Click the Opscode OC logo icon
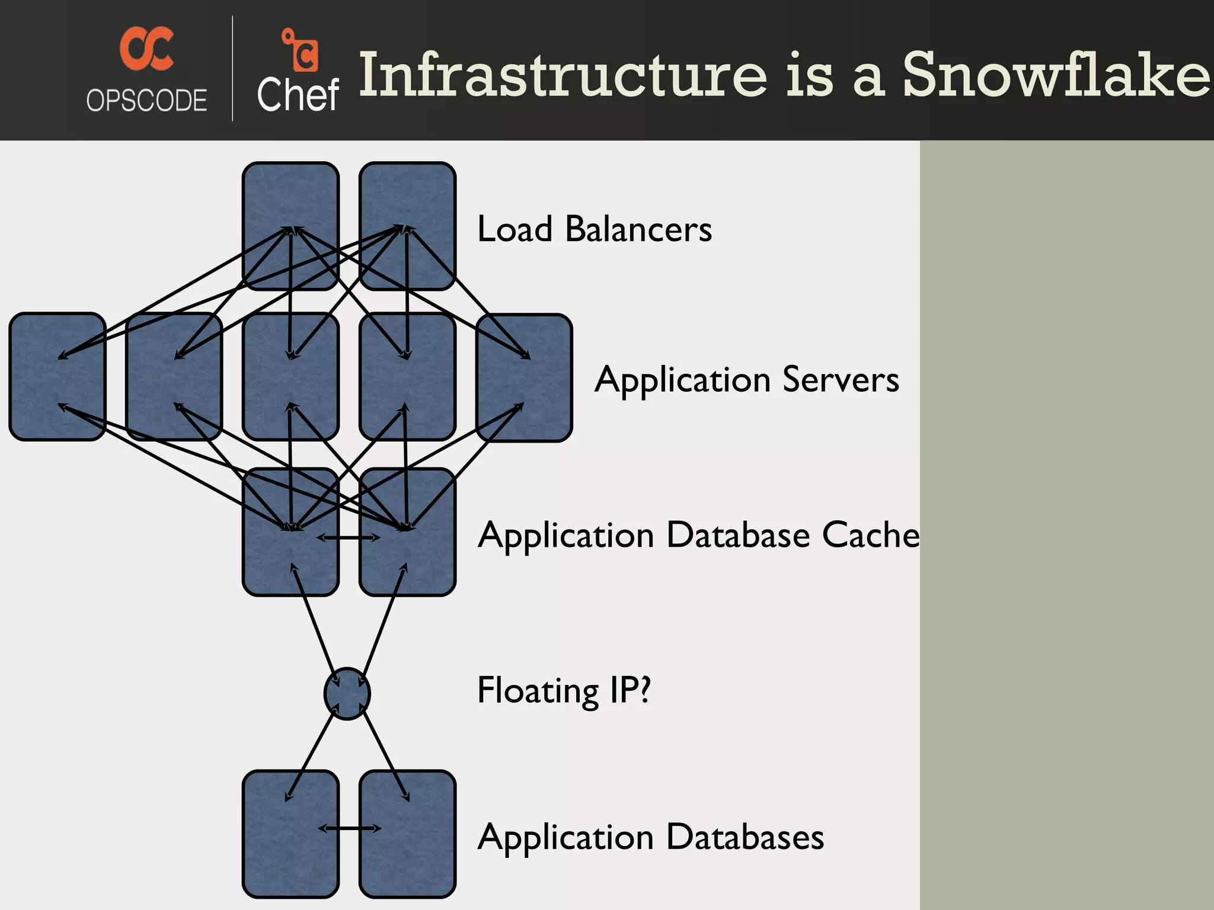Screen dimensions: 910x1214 click(146, 49)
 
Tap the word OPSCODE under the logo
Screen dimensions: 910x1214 click(146, 100)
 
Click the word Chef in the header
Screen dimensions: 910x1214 click(298, 95)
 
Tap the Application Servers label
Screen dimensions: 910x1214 click(746, 379)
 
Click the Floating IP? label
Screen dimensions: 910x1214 click(564, 690)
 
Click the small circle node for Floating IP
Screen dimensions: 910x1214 click(347, 694)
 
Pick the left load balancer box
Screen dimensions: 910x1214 click(290, 196)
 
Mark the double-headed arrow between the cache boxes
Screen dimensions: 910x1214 click(349, 537)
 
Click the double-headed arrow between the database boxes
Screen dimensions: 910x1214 click(349, 828)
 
